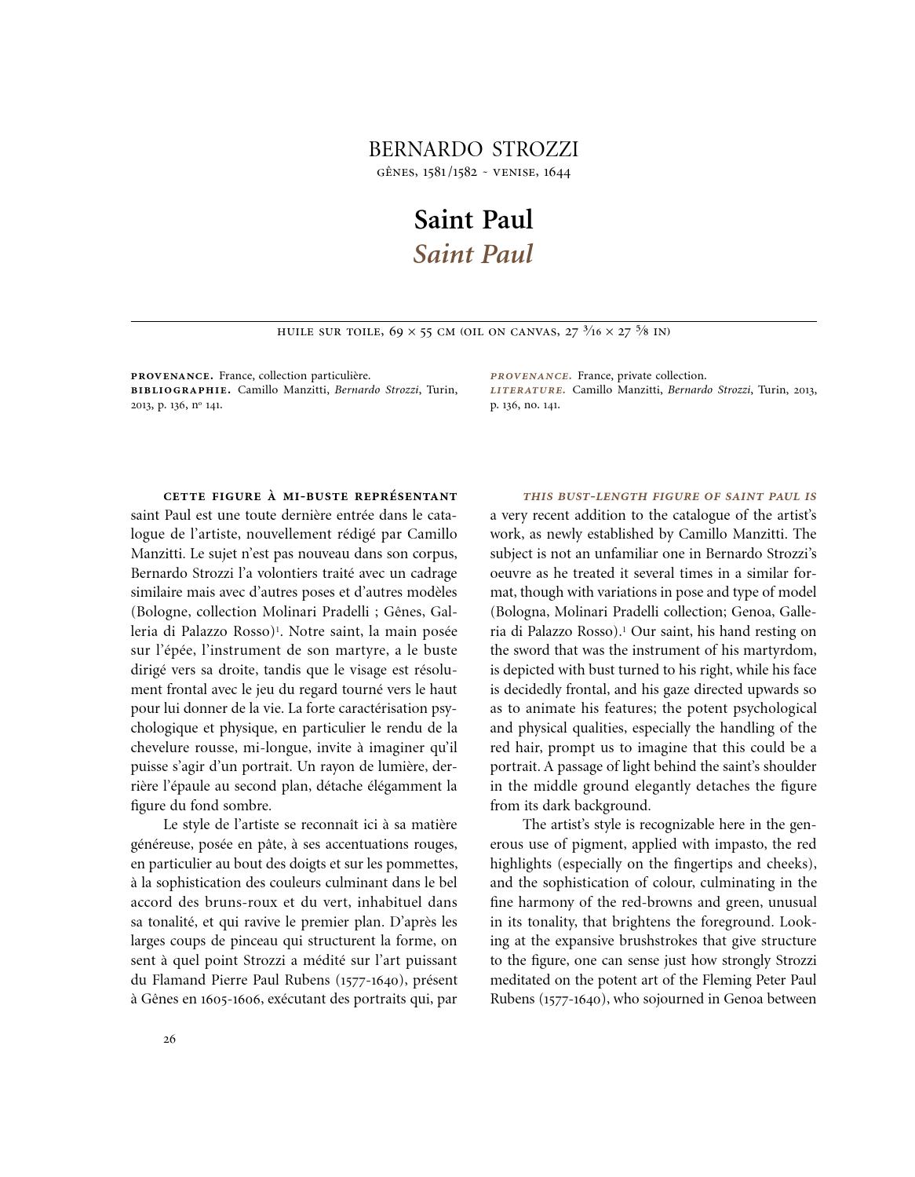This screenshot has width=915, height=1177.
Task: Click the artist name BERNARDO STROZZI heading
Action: (473, 149)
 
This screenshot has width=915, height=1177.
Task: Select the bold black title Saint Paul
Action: (473, 219)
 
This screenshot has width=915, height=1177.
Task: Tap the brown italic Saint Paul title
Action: (473, 254)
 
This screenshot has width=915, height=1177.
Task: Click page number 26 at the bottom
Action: (170, 1040)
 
